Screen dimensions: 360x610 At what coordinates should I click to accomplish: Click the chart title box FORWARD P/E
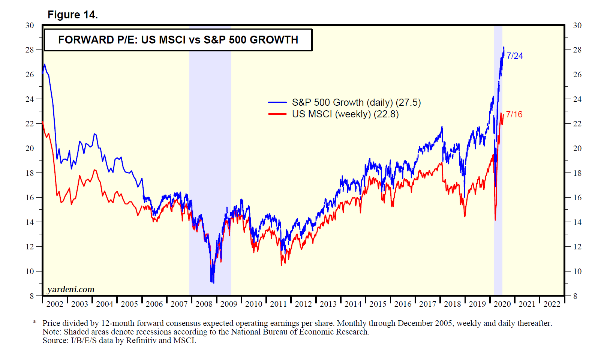click(x=178, y=40)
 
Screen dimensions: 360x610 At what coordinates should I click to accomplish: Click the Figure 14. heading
click(x=72, y=15)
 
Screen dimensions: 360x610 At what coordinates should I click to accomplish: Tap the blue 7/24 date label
click(x=514, y=56)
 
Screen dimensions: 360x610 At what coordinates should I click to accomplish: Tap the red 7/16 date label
click(x=514, y=114)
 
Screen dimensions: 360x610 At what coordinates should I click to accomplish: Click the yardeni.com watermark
click(x=70, y=289)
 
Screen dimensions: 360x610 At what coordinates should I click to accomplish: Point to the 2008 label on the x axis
click(x=204, y=304)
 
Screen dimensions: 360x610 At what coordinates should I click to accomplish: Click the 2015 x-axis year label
click(x=378, y=304)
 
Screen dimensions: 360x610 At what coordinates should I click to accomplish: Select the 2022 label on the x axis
click(x=552, y=304)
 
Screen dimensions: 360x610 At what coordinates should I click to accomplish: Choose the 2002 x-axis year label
click(x=55, y=304)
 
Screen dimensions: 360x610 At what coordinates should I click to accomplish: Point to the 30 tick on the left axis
click(x=30, y=25)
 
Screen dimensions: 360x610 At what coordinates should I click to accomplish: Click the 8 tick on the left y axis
click(x=32, y=296)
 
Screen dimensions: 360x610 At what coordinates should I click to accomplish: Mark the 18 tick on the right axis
click(x=577, y=173)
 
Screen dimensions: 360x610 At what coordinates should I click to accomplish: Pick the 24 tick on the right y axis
click(x=577, y=99)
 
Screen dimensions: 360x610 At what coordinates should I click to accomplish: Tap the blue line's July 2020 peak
click(x=504, y=47)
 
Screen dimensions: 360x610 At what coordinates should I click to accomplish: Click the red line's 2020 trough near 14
click(x=495, y=220)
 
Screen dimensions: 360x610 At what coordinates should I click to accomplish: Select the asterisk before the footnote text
click(x=34, y=322)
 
